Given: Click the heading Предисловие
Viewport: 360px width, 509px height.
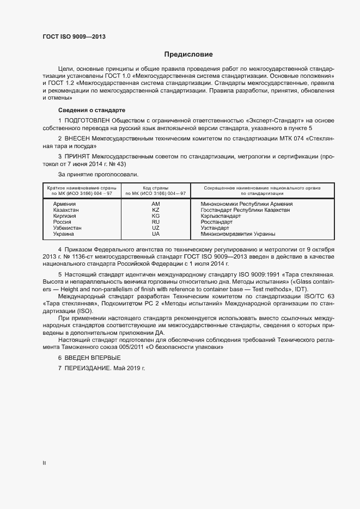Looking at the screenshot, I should (189, 54).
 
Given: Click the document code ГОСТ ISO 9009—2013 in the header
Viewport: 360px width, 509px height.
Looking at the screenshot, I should (74, 36).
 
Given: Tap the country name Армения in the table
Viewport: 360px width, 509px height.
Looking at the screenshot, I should (64, 204).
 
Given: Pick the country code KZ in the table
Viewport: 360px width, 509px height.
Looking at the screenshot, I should (156, 210).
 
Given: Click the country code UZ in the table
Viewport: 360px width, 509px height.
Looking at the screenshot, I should (156, 228).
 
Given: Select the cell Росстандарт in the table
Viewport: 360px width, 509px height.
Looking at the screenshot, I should (216, 222).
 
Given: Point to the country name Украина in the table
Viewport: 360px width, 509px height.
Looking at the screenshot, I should (64, 234).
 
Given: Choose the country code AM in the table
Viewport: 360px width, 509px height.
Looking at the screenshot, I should (156, 204).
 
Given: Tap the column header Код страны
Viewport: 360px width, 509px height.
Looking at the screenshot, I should (155, 188).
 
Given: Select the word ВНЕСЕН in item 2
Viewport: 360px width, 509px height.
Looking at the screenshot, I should (77, 138).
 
